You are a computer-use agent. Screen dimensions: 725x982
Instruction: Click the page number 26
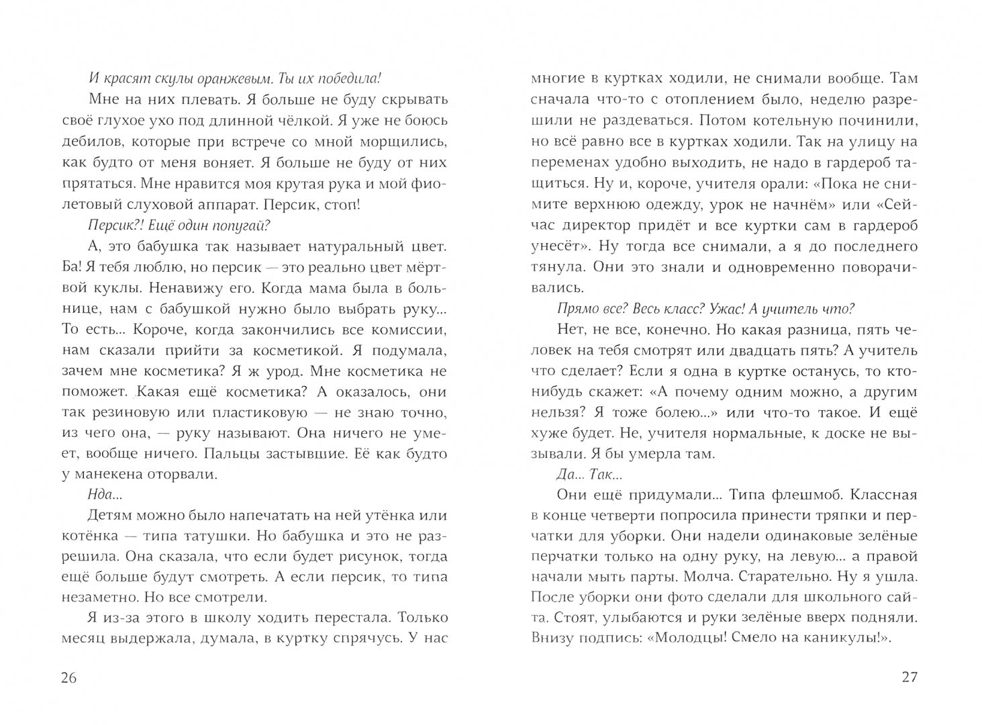coord(69,677)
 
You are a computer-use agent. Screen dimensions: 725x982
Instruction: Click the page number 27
coord(909,677)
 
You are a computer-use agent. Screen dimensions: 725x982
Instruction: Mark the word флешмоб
coord(801,495)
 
